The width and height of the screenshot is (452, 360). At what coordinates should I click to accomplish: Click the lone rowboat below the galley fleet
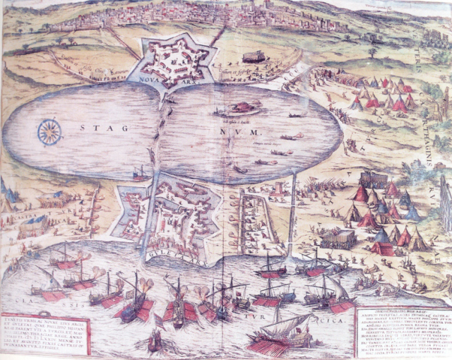click(x=155, y=342)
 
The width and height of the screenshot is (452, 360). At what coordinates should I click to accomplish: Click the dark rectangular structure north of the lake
click(x=253, y=56)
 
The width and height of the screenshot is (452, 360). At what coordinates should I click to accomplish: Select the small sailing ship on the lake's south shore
click(x=139, y=173)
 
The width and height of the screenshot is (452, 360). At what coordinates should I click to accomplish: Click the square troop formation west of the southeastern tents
click(x=338, y=239)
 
